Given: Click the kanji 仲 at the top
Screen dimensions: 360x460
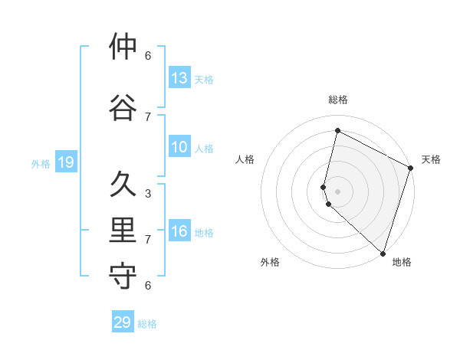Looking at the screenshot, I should point(123,47).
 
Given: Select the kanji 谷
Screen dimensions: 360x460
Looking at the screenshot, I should point(123,108).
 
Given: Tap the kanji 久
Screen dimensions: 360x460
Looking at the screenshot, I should point(123,185).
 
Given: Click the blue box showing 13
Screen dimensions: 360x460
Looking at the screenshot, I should point(179,78).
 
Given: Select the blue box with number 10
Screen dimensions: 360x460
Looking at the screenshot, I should point(179,147).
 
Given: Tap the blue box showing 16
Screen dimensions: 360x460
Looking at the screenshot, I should point(179,231).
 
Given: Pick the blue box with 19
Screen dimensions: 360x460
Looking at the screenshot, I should point(66,162).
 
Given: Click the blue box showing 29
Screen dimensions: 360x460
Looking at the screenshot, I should point(123,322).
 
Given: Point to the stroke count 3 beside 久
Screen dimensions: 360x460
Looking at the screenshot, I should point(148,194).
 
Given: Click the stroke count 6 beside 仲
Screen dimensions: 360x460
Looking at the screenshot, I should point(148,56).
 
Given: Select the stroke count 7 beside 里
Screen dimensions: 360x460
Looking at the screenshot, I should point(148,240).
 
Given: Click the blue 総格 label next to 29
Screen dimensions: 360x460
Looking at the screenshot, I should point(147,323).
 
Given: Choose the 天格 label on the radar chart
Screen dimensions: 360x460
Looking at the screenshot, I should point(431,159).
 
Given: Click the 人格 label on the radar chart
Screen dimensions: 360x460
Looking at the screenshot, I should point(245,159).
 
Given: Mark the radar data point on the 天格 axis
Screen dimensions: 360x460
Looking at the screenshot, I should point(411,169).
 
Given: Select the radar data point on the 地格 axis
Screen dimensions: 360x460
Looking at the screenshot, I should point(383,254).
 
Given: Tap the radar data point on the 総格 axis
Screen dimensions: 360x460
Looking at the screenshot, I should point(337,131).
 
